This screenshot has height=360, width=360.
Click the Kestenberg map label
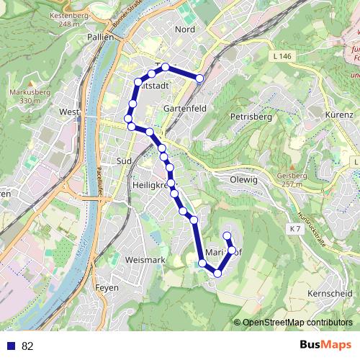[66, 15]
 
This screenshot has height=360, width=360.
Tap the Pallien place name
[100, 36]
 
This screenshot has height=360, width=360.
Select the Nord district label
[185, 30]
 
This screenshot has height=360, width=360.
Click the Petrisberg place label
[250, 115]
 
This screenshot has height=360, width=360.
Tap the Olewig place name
[243, 179]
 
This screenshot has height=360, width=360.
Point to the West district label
[69, 112]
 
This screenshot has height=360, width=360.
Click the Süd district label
[123, 161]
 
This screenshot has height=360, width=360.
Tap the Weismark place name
[145, 259]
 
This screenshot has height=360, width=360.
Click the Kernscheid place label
[329, 294]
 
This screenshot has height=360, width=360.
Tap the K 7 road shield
[294, 229]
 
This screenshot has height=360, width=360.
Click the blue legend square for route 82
[11, 346]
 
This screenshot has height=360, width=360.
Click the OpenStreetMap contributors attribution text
[297, 323]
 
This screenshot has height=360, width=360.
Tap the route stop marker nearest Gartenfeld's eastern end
[199, 78]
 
